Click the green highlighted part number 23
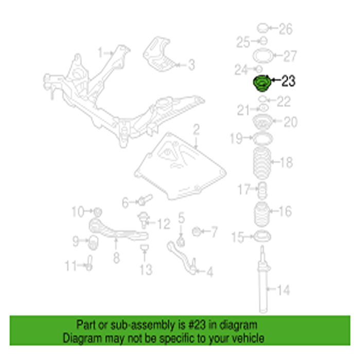point(262,83)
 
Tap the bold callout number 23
point(288,81)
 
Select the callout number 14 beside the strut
point(284,290)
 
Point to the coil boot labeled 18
point(262,164)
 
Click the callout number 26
point(285,29)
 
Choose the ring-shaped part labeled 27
point(263,56)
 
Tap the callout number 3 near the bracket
point(192,65)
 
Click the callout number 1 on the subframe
point(100,52)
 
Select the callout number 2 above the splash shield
point(196,130)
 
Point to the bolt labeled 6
point(145,200)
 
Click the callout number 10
point(78,211)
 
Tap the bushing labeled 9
point(93,243)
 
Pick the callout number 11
point(70,266)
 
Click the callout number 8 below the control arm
point(116,258)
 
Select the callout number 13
point(146,269)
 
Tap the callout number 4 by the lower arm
point(210,272)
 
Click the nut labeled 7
point(196,232)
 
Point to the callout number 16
point(285,211)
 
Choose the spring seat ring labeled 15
point(262,237)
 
